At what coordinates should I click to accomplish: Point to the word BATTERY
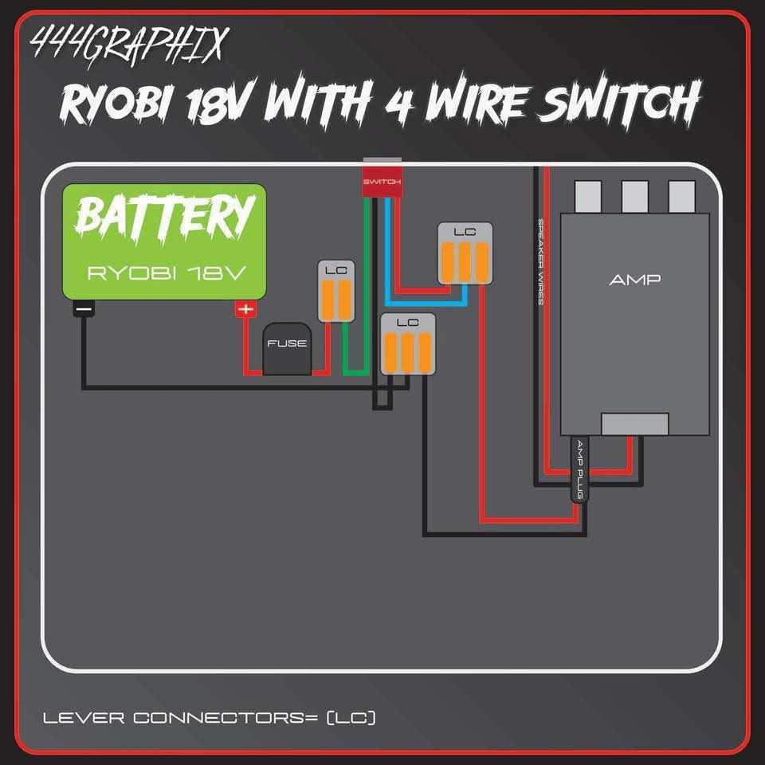click(165, 217)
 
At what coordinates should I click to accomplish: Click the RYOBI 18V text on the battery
click(165, 273)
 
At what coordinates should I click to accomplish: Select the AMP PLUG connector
click(581, 470)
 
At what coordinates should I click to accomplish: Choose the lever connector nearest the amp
click(465, 253)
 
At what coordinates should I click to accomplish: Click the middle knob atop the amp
click(634, 194)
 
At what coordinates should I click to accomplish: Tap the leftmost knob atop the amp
click(588, 194)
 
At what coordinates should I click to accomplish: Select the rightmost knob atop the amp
click(681, 194)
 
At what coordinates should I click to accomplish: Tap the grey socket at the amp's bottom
click(634, 424)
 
